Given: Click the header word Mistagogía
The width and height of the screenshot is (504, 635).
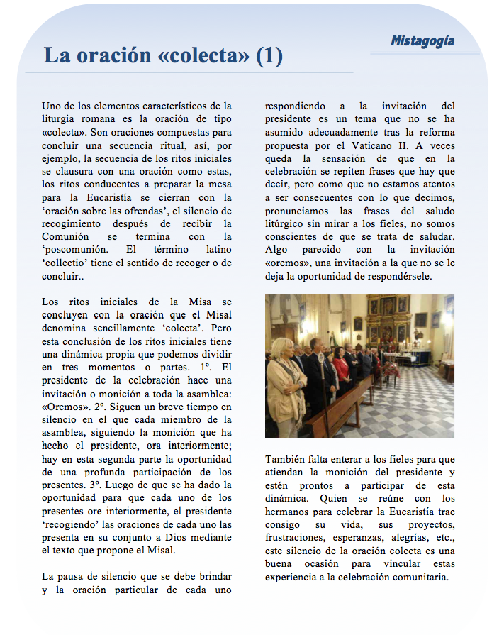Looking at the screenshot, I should [x=422, y=41].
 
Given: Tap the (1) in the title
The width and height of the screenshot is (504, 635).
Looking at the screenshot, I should [x=269, y=56].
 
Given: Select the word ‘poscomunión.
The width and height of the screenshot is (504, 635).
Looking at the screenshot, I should [x=75, y=250].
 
